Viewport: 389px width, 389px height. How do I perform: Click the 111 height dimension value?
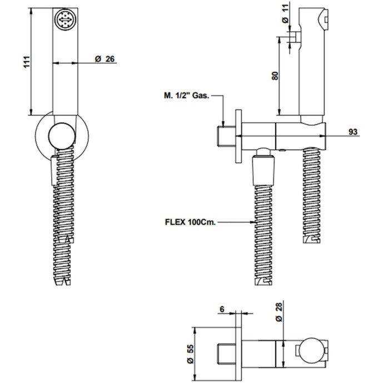(27, 62)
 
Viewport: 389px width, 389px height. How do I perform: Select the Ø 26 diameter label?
(105, 59)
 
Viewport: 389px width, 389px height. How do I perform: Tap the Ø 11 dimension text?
(286, 14)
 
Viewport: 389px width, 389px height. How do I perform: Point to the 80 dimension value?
(275, 76)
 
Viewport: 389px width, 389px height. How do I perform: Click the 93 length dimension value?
(353, 132)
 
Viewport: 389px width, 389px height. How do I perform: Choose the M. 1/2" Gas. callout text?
(187, 96)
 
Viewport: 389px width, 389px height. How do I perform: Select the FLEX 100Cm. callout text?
(190, 222)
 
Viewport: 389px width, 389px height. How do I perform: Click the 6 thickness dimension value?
(222, 309)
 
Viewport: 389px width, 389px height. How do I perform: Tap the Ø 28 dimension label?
(279, 312)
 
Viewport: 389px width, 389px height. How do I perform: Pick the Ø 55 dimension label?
(190, 354)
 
